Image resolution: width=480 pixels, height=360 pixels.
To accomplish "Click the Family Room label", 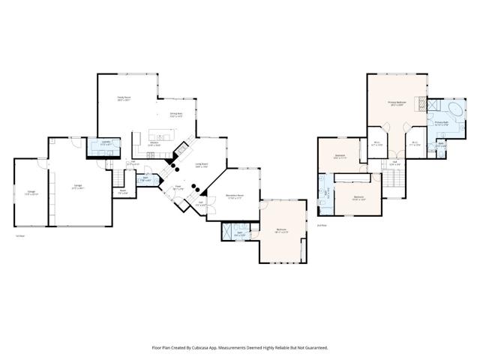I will pos(124,97).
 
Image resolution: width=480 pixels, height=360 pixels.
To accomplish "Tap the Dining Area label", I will pos(177,115).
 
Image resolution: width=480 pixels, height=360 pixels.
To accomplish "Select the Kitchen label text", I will pos(153,143).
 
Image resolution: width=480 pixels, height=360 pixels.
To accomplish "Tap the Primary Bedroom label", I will pos(397,103).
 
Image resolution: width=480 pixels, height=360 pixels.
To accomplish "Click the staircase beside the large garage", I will pos(118,178).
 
